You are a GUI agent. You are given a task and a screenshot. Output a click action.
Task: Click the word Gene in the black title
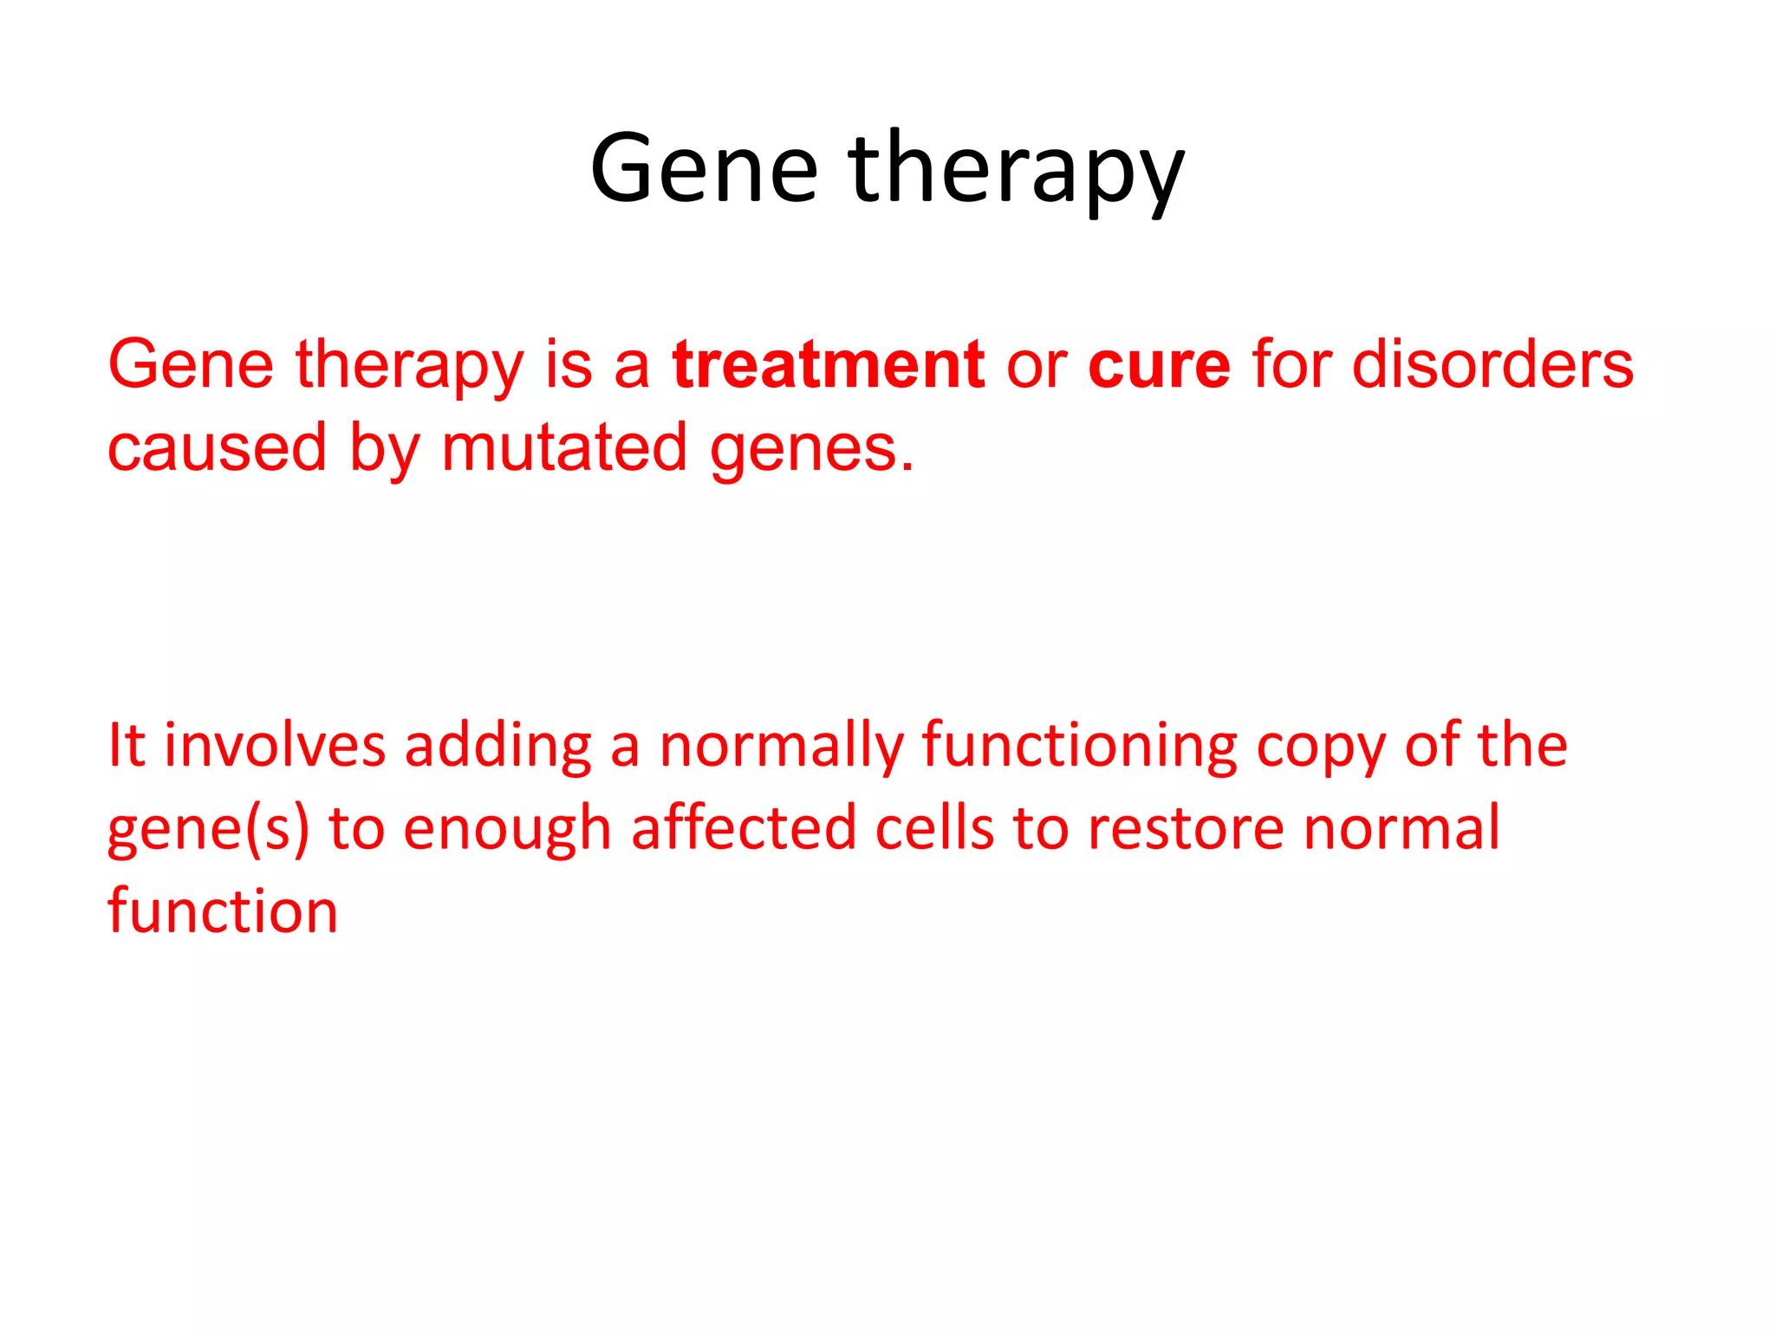click(704, 168)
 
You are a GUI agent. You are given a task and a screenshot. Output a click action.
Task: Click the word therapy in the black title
click(1016, 170)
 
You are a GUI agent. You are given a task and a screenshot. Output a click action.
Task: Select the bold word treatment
click(828, 364)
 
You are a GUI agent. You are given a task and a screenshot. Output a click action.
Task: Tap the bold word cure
click(1159, 364)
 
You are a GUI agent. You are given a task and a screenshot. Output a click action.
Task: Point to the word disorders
click(1492, 364)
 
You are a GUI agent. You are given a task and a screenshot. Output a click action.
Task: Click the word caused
click(217, 447)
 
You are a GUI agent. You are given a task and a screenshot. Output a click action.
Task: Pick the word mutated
click(564, 447)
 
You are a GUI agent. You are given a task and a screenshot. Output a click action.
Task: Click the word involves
click(274, 746)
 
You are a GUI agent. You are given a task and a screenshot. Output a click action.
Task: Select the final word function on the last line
click(223, 911)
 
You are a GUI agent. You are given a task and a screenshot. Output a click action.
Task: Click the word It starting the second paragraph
click(126, 746)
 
